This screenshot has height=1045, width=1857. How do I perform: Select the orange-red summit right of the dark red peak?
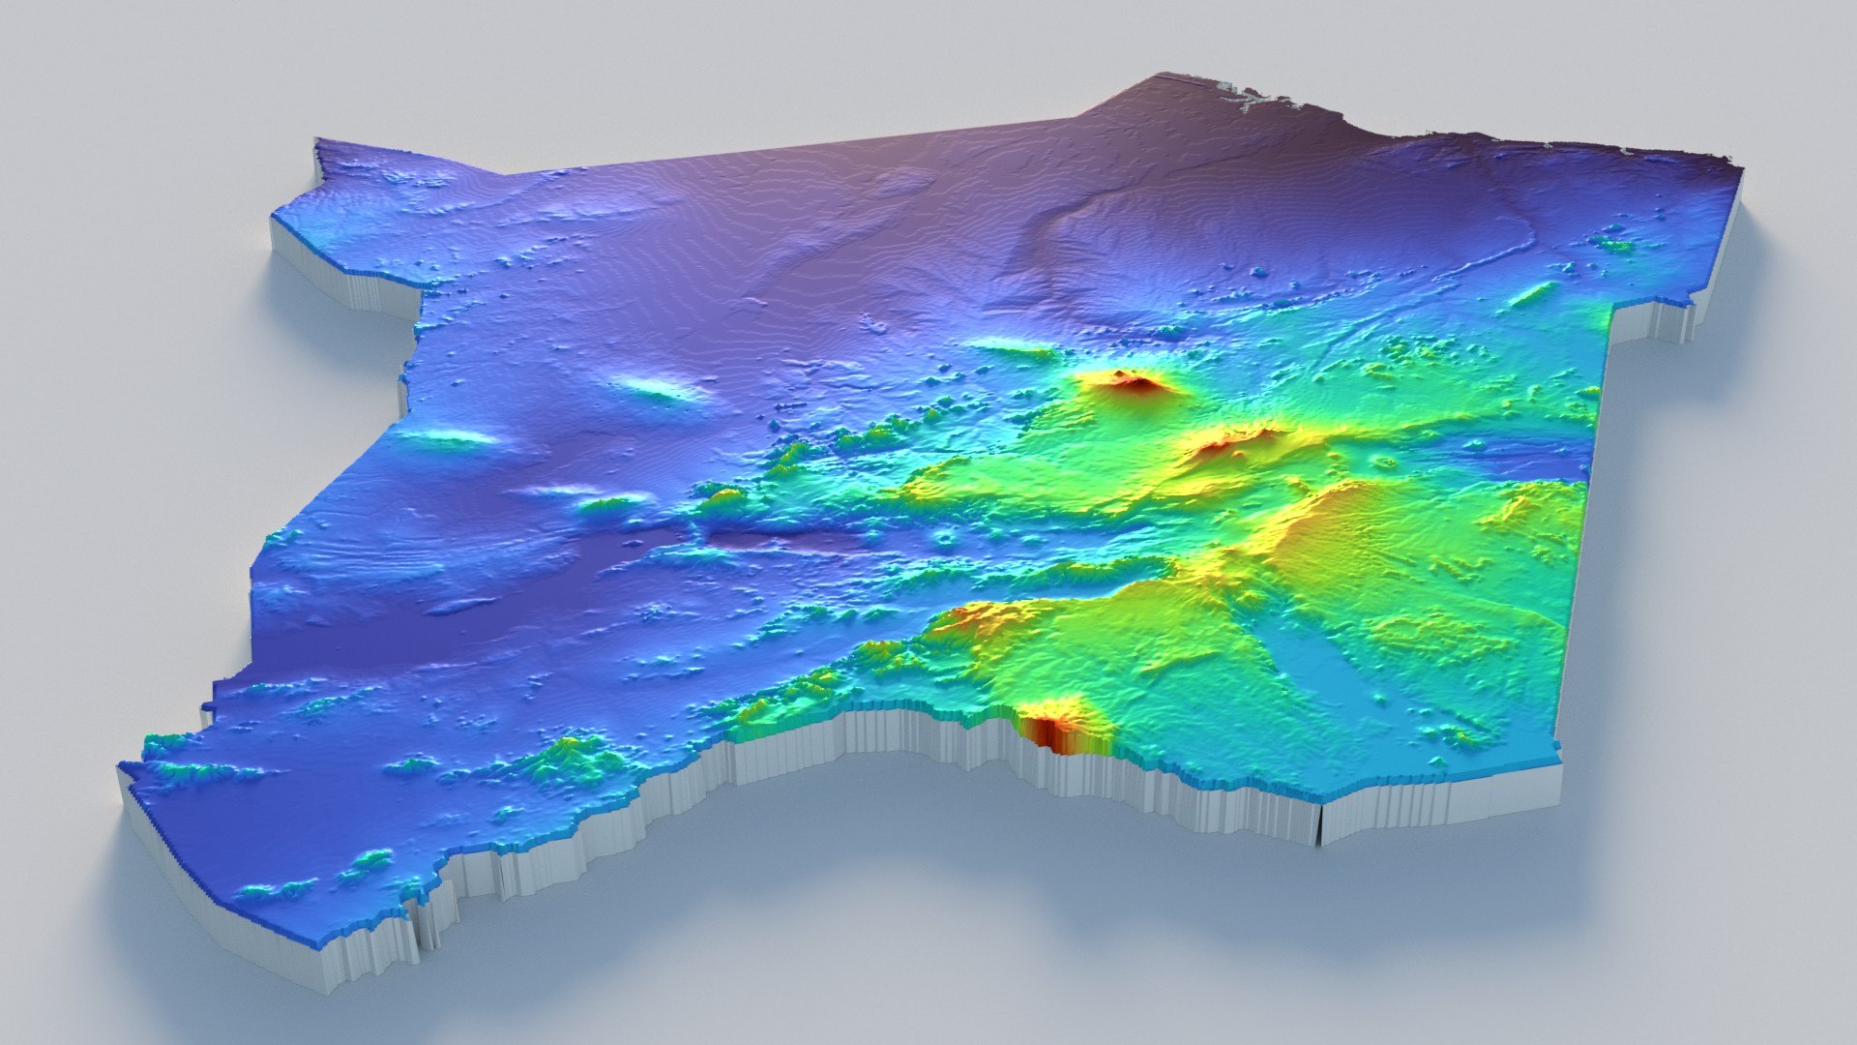click(x=1233, y=441)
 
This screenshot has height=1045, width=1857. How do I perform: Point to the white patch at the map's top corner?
click(x=1243, y=96)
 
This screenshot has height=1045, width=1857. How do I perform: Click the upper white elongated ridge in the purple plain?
click(x=662, y=388)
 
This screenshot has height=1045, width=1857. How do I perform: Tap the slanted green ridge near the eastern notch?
click(x=1533, y=293)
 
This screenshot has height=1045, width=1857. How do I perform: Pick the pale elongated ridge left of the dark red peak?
click(x=1006, y=346)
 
